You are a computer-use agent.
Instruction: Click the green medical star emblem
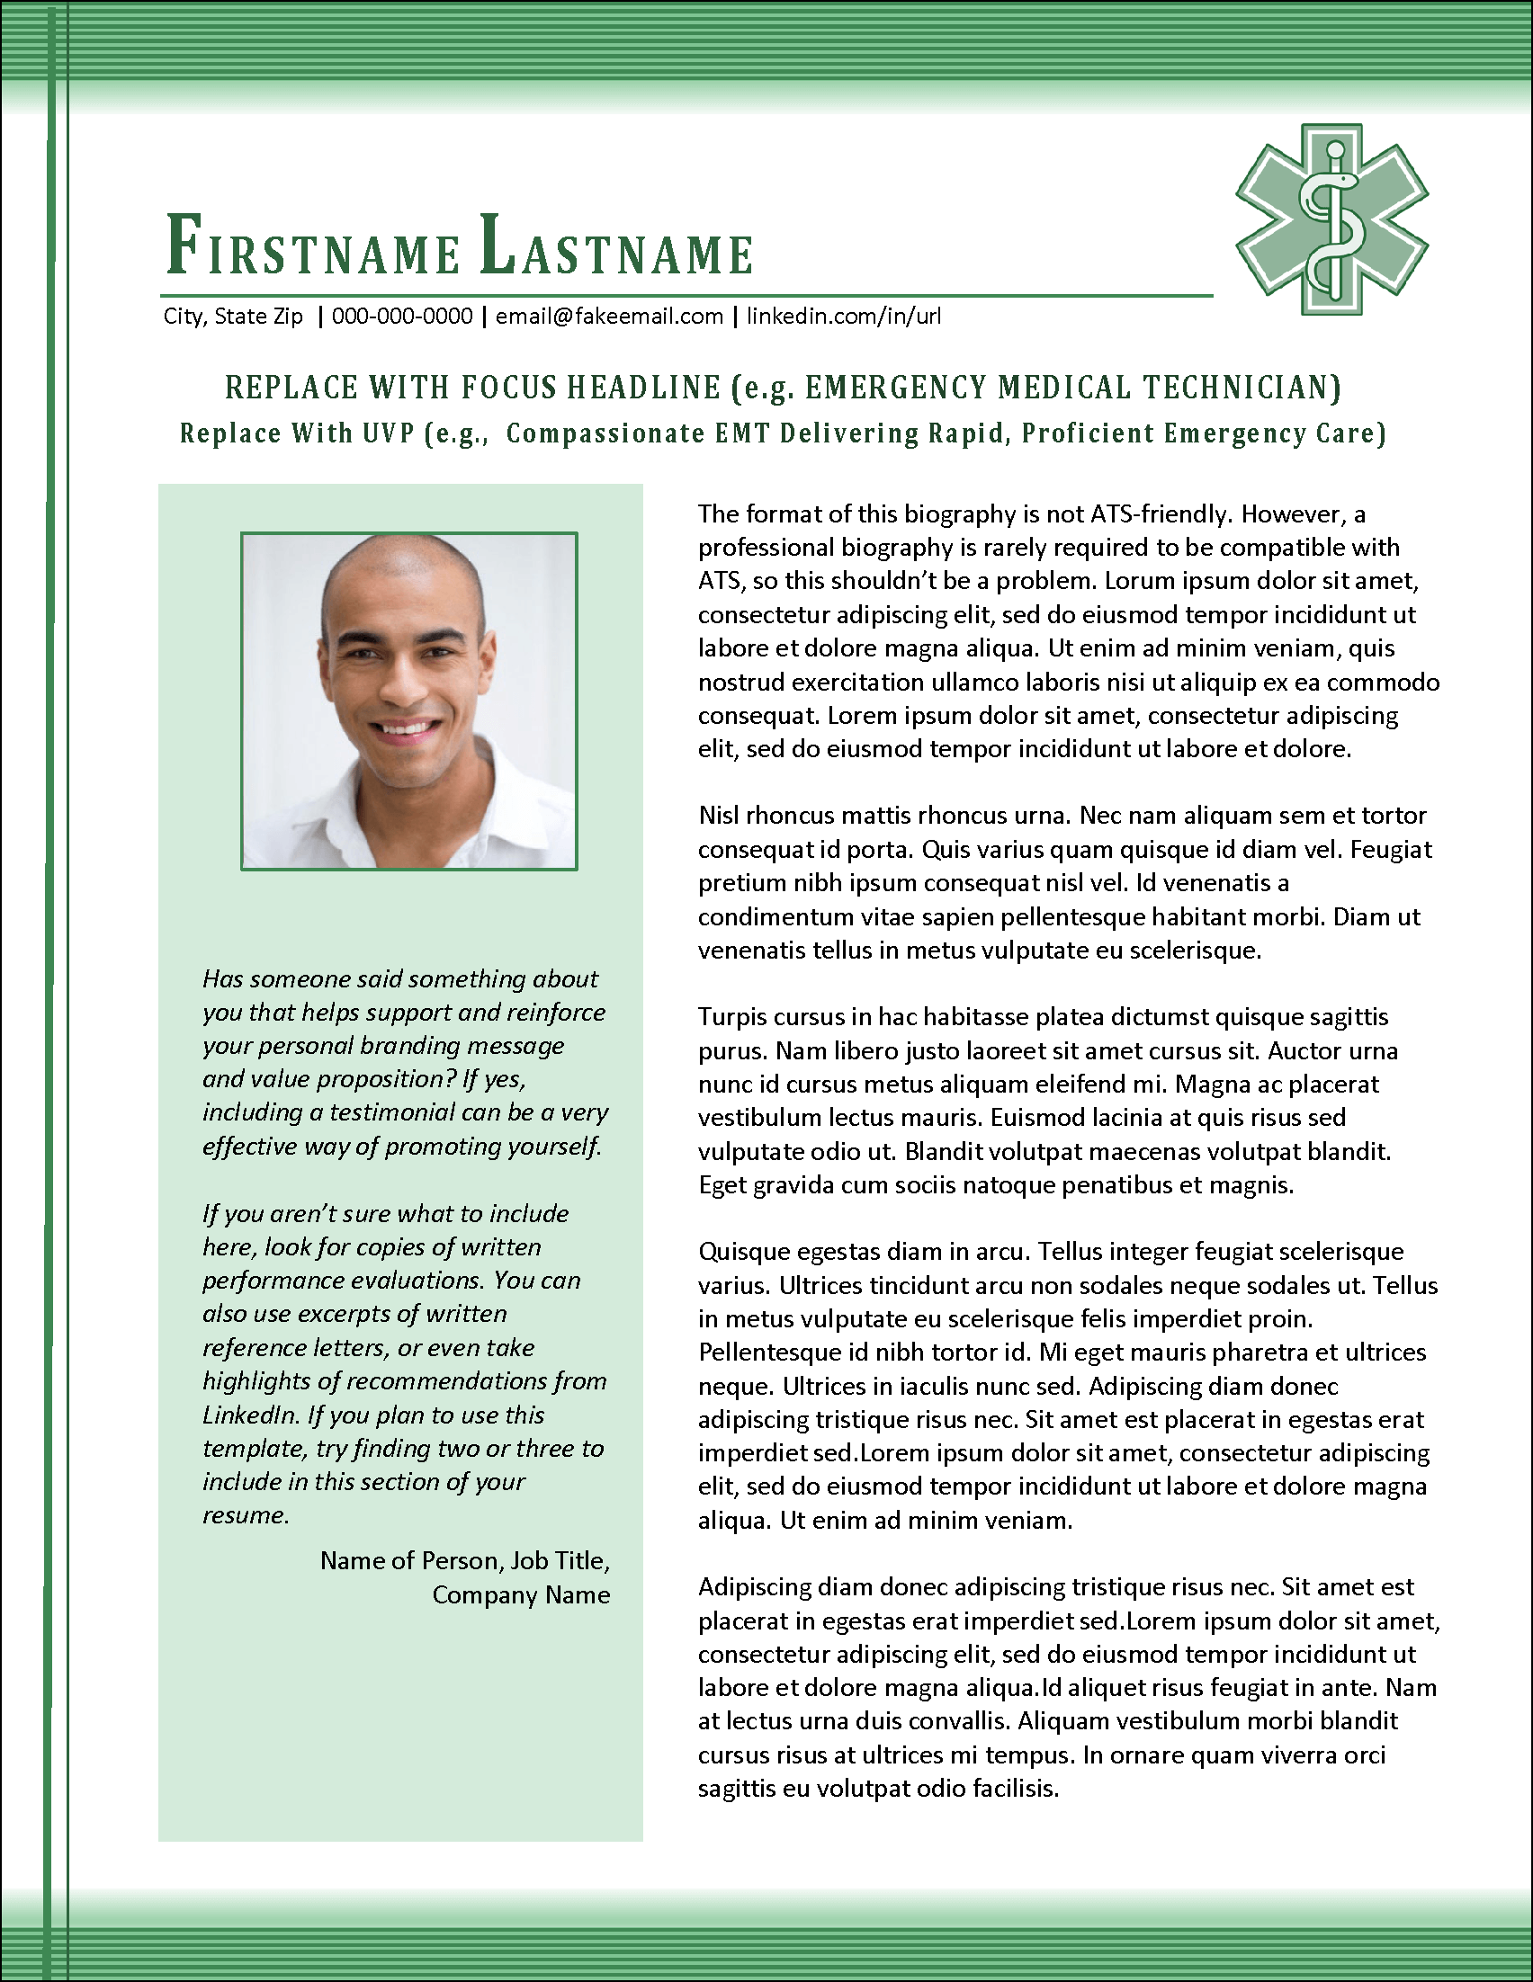coord(1331,219)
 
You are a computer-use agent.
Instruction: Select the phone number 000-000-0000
coord(402,317)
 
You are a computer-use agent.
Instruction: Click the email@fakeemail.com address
coord(609,317)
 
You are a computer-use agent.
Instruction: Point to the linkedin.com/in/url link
coord(843,317)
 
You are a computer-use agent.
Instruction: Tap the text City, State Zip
coord(233,317)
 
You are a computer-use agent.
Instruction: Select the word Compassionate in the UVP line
coord(605,433)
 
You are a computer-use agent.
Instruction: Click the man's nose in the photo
coord(403,685)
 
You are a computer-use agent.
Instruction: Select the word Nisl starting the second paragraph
coord(719,816)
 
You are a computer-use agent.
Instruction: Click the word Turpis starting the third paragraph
coord(730,1017)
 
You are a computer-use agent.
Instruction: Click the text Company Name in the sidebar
coord(520,1595)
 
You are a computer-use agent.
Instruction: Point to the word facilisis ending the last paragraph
coord(1016,1789)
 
